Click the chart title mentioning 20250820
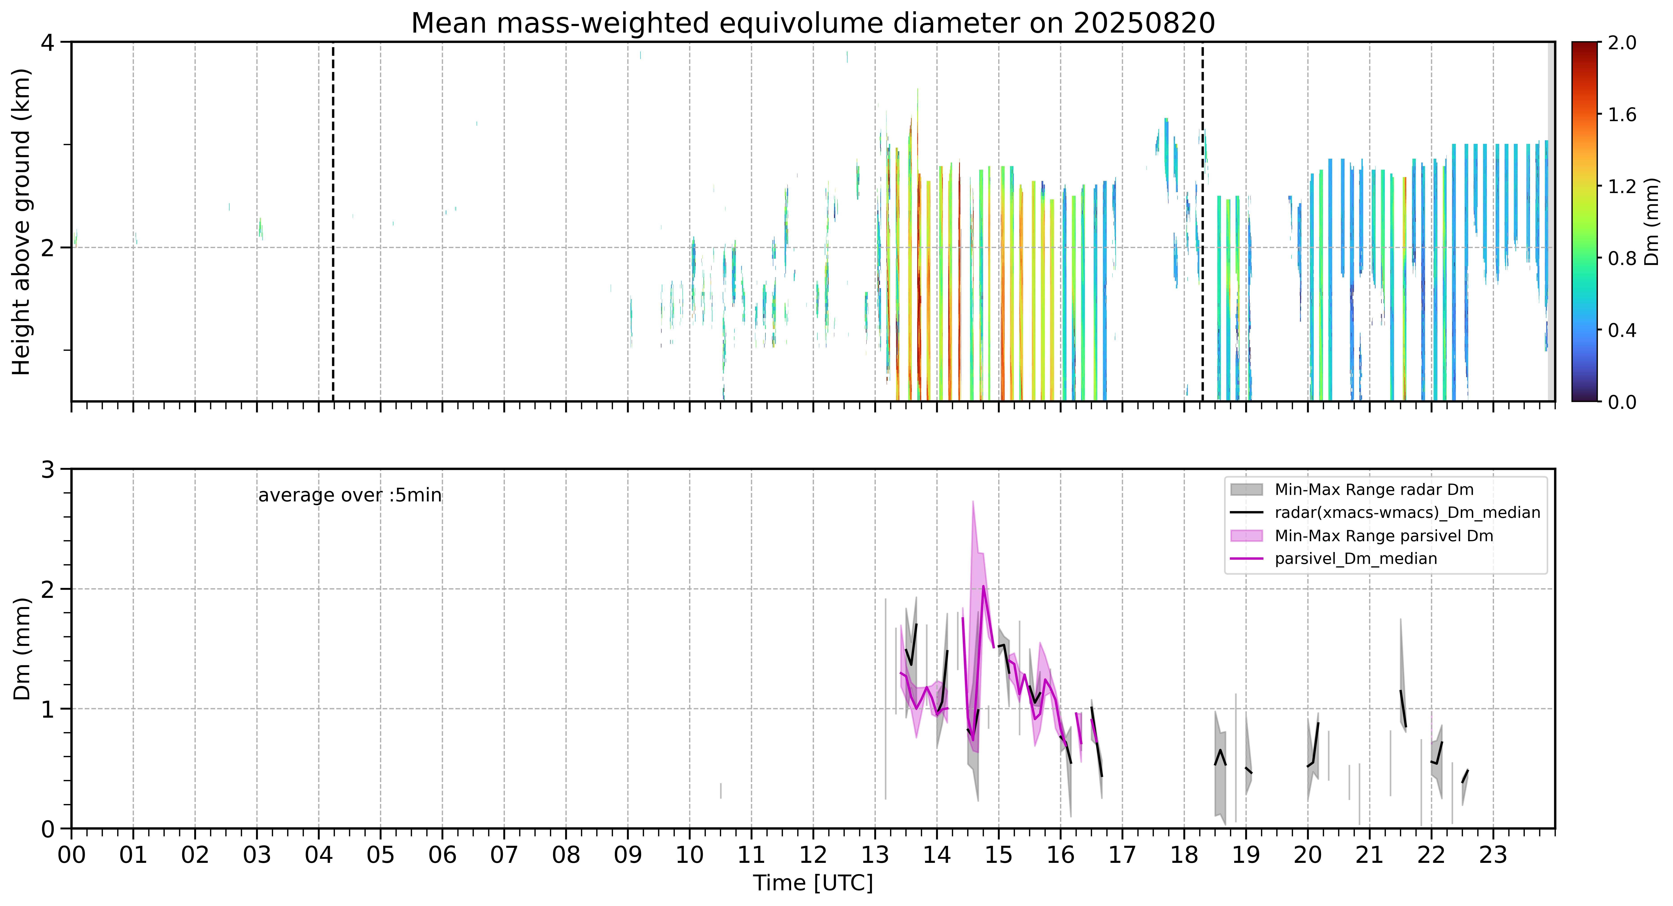tap(813, 23)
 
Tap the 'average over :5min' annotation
tap(349, 496)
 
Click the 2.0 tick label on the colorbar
tap(1622, 43)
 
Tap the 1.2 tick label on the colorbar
tap(1622, 186)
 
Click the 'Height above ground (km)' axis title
tap(21, 222)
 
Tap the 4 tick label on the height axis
tap(47, 43)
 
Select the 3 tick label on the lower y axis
tap(47, 469)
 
